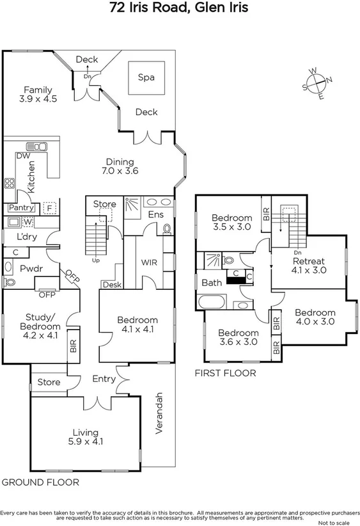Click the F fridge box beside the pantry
(x=49, y=208)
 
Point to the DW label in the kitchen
(x=22, y=156)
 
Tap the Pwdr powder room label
(x=31, y=268)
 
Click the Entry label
(x=104, y=379)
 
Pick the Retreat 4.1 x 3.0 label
(x=309, y=266)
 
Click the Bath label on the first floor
(x=212, y=282)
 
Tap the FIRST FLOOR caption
(x=225, y=373)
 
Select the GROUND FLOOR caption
(x=40, y=482)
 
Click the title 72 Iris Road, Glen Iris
(x=180, y=8)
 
